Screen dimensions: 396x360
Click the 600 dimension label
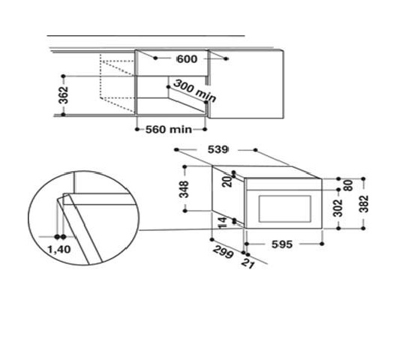pyautogui.click(x=187, y=59)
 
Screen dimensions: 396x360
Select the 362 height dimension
pyautogui.click(x=64, y=95)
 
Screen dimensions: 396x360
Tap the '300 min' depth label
pyautogui.click(x=195, y=91)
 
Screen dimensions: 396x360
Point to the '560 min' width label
pyautogui.click(x=169, y=130)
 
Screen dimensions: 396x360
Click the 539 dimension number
pyautogui.click(x=217, y=149)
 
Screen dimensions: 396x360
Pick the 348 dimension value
pyautogui.click(x=184, y=189)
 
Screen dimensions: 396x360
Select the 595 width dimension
pyautogui.click(x=282, y=244)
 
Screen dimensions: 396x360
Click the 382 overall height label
pyautogui.click(x=364, y=204)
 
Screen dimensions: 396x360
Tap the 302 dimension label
pyautogui.click(x=338, y=208)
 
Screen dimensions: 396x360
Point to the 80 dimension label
pyautogui.click(x=349, y=186)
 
